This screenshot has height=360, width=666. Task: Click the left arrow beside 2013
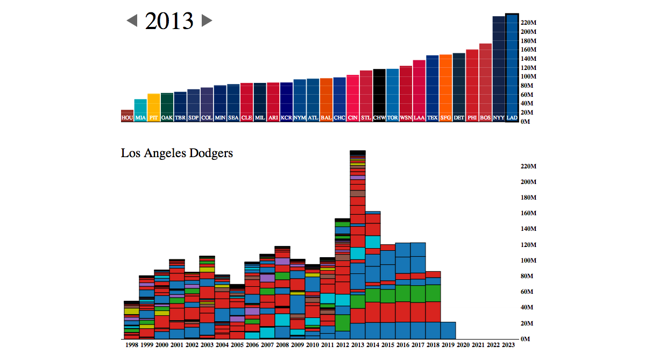point(132,21)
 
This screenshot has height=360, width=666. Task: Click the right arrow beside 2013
point(207,21)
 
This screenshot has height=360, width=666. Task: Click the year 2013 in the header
point(169,21)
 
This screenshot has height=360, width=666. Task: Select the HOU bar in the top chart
point(127,116)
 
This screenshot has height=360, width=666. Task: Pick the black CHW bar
point(379,94)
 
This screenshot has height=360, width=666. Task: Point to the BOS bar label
point(485,117)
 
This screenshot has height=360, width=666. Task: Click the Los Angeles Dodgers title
point(177,153)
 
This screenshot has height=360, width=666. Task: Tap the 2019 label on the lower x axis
point(448,345)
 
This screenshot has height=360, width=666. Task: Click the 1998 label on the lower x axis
point(132,345)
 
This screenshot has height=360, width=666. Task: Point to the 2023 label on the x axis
point(508,345)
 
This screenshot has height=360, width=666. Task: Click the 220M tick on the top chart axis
point(529,23)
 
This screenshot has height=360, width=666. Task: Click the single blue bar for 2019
point(448,330)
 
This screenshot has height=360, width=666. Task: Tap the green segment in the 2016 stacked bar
point(403,293)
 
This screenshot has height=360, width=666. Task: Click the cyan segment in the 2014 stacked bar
point(373,242)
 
